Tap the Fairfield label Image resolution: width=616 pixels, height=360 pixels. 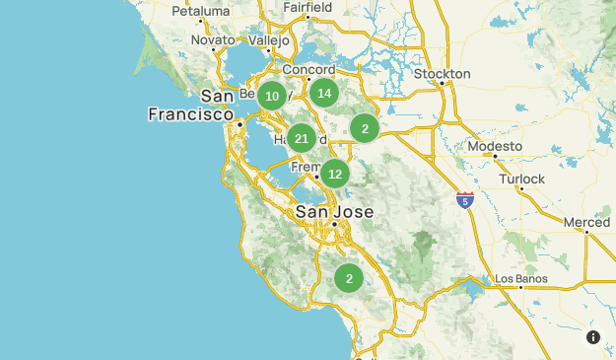click(307, 7)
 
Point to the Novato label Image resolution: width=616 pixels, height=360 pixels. click(214, 40)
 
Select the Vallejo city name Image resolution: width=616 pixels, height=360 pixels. click(269, 40)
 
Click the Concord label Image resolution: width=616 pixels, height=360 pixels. click(308, 70)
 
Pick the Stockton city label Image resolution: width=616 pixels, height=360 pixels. click(443, 73)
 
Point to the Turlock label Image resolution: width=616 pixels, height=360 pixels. click(521, 179)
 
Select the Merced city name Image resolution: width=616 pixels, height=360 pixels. click(586, 223)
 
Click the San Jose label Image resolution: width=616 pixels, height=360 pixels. click(335, 212)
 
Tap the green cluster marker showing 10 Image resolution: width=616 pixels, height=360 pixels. click(272, 96)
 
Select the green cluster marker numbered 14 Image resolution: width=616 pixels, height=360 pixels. click(324, 94)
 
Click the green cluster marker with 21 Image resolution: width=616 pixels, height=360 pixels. click(302, 138)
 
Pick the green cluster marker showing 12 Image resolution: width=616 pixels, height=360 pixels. click(335, 174)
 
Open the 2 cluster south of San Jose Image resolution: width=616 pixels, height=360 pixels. click(348, 278)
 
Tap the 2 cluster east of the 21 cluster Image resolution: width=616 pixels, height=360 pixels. click(365, 127)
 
